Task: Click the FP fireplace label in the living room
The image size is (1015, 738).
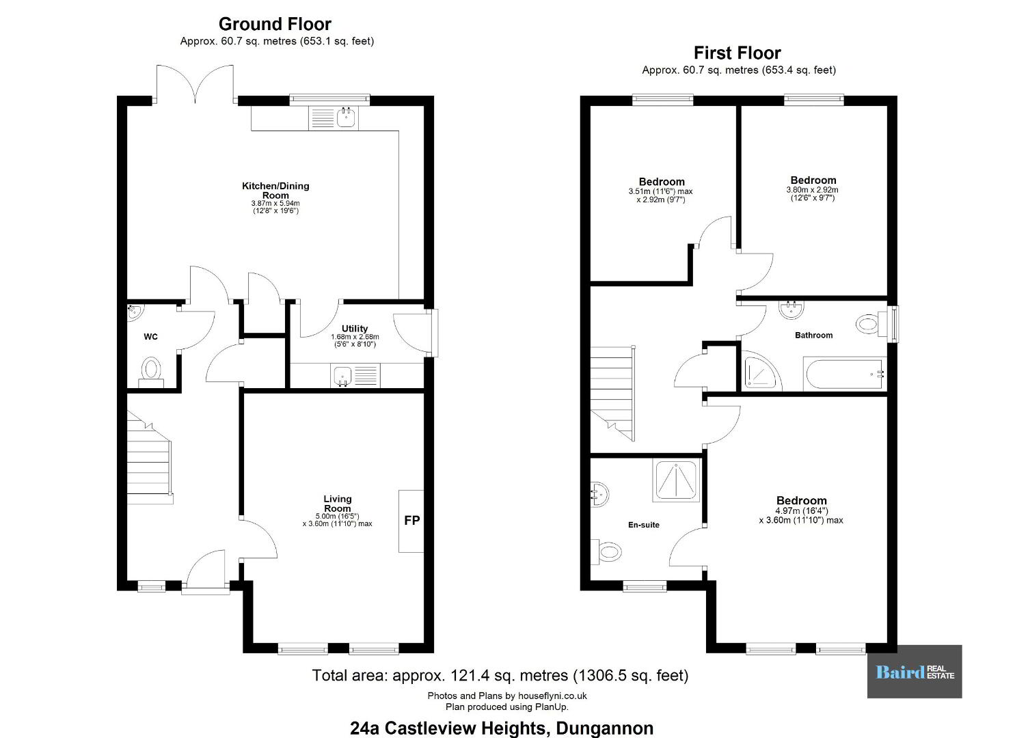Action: [x=411, y=521]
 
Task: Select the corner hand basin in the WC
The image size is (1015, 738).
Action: [x=135, y=312]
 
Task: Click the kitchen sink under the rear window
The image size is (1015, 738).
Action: [x=347, y=118]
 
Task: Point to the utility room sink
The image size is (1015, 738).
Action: [x=342, y=376]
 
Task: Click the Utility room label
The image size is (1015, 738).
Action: [x=354, y=329]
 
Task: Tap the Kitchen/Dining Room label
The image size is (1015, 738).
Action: [x=275, y=190]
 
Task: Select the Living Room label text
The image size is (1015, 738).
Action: [x=337, y=504]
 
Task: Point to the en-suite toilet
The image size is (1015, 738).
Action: [x=605, y=552]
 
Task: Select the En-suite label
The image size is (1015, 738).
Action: [x=643, y=525]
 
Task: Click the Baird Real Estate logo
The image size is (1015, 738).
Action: [x=915, y=672]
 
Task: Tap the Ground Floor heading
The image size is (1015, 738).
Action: [x=275, y=24]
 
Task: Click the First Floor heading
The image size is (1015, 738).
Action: [x=737, y=53]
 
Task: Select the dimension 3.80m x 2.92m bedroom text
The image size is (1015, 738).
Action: [x=812, y=190]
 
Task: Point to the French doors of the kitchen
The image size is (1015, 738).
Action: [x=195, y=84]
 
